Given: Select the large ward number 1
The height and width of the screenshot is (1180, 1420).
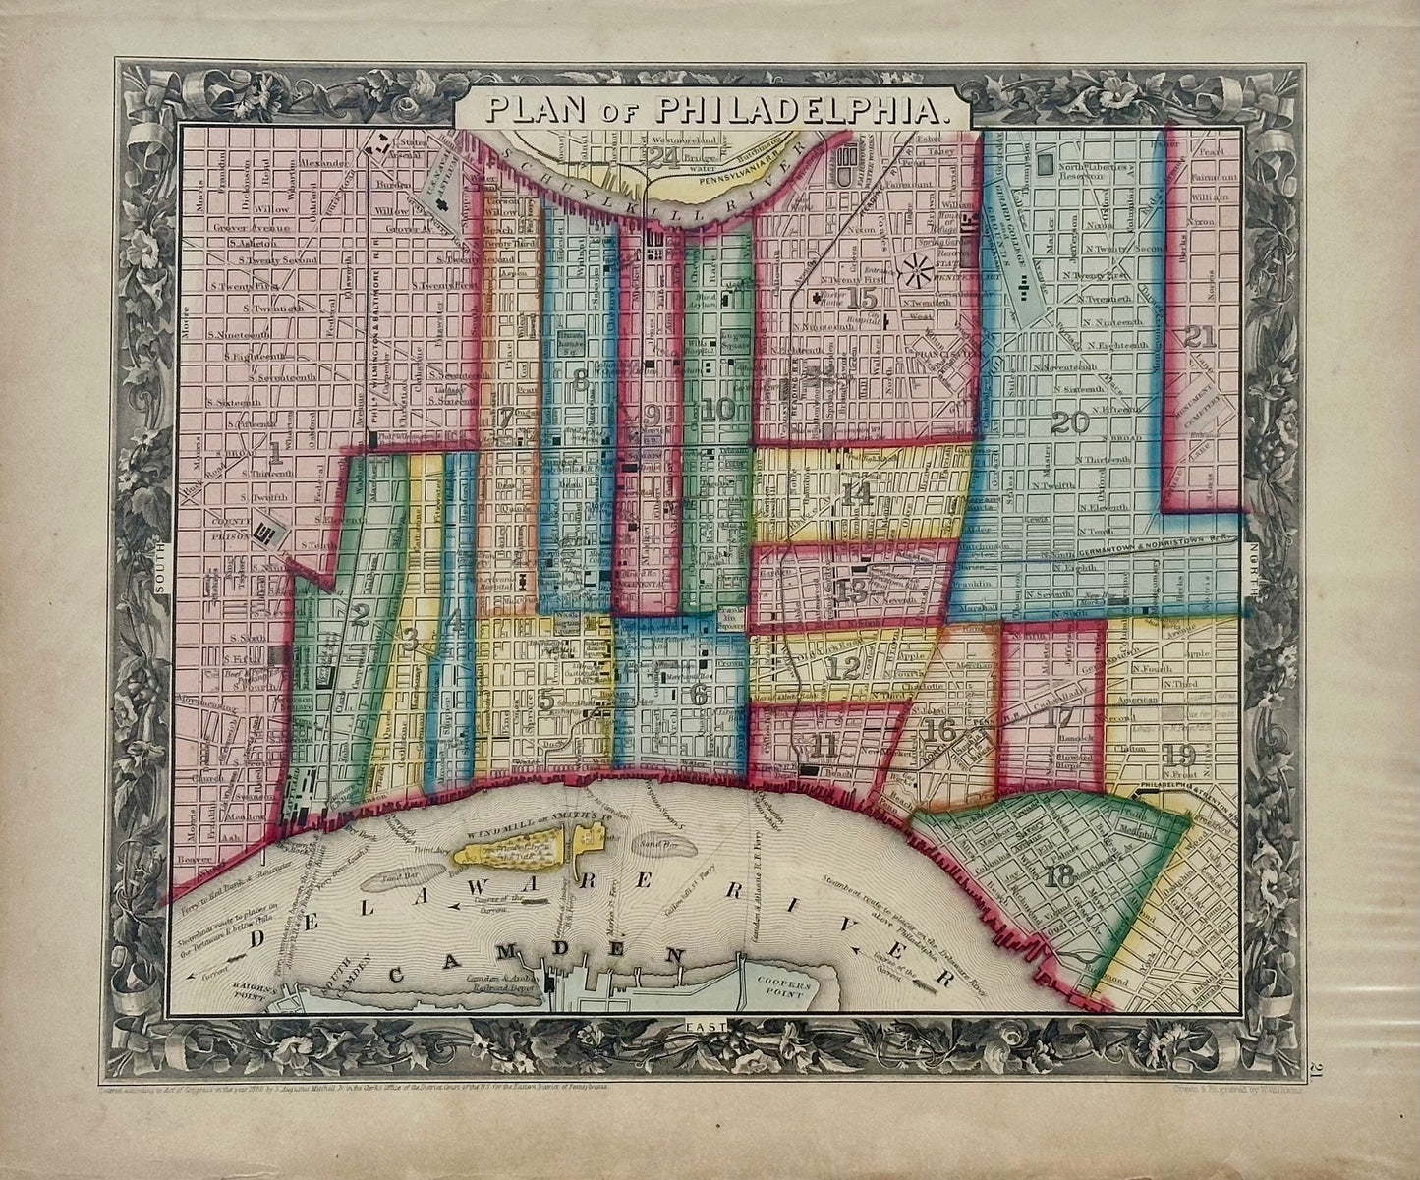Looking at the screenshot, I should point(276,452).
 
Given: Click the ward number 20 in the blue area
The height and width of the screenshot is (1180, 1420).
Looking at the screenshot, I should point(1070,423).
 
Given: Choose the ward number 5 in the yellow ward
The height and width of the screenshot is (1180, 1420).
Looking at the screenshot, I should point(544,700).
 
